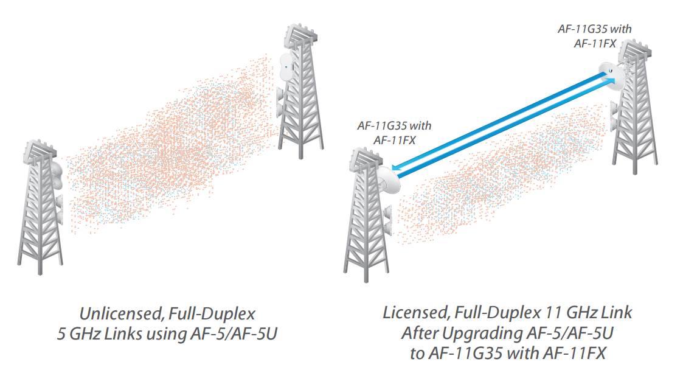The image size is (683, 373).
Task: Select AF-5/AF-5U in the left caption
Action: (x=223, y=334)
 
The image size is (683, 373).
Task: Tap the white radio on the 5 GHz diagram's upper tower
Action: (x=285, y=66)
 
